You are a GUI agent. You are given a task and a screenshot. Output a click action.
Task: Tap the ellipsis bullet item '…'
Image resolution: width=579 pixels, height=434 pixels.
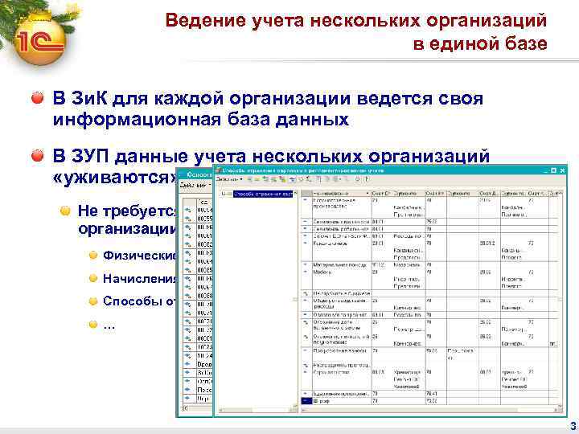click(109, 325)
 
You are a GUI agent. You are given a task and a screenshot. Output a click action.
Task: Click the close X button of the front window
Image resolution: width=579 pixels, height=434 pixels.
click(563, 170)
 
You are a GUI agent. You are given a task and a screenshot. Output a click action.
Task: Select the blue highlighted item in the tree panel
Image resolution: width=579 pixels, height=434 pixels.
click(262, 194)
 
